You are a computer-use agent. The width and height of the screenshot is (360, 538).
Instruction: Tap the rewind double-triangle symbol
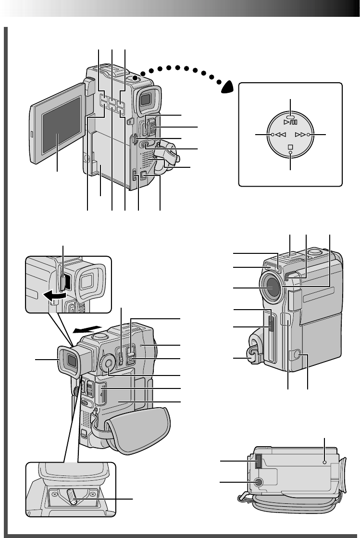[281, 136]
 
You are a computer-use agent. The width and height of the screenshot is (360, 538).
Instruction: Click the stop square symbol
[291, 146]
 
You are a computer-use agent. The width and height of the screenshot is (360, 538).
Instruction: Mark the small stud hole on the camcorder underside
[325, 461]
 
